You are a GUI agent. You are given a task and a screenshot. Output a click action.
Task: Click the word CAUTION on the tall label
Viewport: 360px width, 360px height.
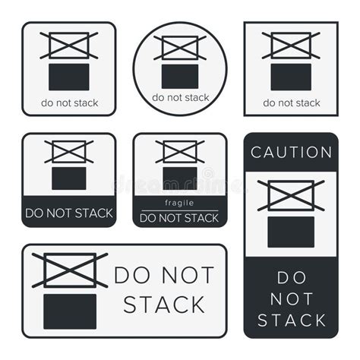click(291, 152)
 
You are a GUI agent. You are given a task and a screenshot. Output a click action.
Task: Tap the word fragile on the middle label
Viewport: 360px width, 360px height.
click(179, 203)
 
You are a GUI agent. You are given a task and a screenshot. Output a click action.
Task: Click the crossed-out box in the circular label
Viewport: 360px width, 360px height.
click(180, 48)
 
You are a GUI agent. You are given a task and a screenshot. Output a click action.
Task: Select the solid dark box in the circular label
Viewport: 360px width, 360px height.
click(180, 77)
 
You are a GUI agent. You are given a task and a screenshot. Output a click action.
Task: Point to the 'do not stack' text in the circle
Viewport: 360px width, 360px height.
click(180, 97)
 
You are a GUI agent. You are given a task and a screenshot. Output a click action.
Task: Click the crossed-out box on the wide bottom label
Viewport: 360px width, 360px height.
click(69, 270)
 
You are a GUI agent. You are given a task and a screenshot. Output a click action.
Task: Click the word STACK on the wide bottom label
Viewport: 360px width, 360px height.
click(164, 305)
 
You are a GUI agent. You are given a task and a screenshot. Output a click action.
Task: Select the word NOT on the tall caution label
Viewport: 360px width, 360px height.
click(291, 298)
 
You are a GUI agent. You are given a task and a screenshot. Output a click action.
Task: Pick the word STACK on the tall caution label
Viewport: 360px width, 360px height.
click(291, 320)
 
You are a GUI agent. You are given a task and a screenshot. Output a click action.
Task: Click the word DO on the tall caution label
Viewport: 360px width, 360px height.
click(291, 277)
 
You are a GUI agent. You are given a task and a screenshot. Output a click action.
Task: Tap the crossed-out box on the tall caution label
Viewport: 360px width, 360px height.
click(291, 195)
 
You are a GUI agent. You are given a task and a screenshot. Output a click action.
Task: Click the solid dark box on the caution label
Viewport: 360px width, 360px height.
click(291, 232)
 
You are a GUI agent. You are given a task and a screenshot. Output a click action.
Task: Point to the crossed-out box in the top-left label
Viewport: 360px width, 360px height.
click(69, 46)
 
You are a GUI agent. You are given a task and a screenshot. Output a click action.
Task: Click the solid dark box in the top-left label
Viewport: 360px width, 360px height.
click(69, 77)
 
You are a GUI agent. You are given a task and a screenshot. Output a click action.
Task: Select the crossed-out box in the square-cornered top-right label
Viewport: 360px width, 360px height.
click(291, 46)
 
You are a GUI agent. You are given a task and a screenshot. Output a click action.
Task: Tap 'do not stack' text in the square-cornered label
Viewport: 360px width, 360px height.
click(291, 103)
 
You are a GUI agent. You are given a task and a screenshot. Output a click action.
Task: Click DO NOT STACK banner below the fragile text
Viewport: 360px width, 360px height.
click(179, 217)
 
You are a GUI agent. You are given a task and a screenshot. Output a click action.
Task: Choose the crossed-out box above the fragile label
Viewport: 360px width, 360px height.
click(179, 152)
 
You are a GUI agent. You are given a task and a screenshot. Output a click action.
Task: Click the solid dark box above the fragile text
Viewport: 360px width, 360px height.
click(179, 178)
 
